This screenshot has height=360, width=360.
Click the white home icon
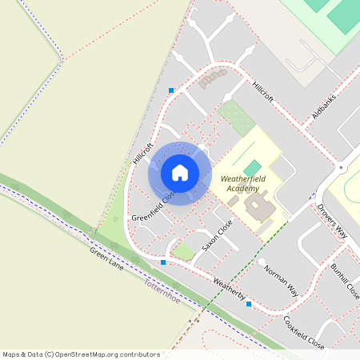tap(180, 173)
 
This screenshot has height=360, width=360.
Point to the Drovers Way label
tap(331, 221)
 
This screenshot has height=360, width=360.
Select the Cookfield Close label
tap(304, 332)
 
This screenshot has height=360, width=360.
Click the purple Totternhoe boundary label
tap(163, 285)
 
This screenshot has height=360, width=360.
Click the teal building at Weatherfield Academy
tap(253, 166)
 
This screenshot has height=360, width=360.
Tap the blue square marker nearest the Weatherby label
tap(249, 304)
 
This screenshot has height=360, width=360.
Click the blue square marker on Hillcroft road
tap(171, 90)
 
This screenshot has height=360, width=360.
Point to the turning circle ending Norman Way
tap(262, 262)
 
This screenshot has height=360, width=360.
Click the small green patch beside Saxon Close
tap(184, 252)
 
